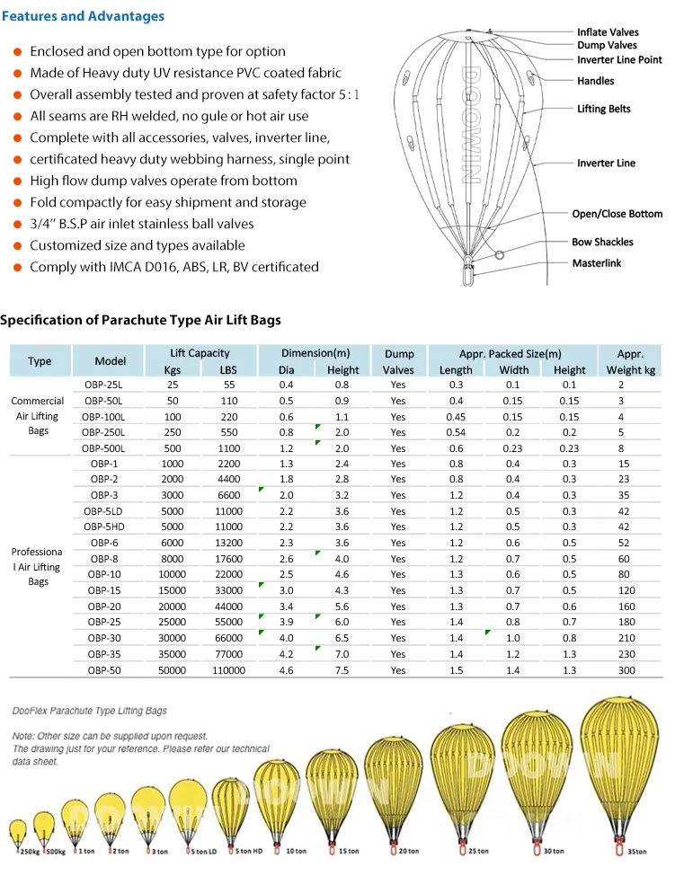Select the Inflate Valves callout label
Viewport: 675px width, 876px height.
(x=608, y=32)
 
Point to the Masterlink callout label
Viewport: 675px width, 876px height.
(x=597, y=263)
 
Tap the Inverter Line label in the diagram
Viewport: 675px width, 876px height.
(x=606, y=164)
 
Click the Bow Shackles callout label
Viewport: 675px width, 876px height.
(x=602, y=242)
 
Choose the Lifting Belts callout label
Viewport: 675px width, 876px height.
(x=603, y=109)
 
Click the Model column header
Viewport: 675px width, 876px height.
(x=111, y=361)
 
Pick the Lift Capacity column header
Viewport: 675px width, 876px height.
(x=200, y=353)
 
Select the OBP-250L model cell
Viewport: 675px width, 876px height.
(x=104, y=432)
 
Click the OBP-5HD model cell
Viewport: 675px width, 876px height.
(x=105, y=526)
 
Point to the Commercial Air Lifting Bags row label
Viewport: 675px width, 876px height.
(x=38, y=416)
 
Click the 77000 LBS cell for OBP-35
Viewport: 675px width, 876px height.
(x=228, y=654)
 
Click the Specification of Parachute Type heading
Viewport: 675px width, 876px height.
(x=140, y=320)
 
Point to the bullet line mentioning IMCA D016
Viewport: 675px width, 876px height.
(x=173, y=267)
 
